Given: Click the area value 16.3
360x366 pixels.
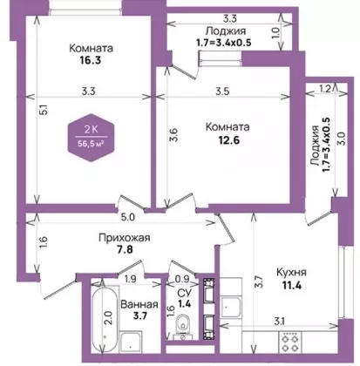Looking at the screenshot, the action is [90, 60].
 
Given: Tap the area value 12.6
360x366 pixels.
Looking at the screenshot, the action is [228, 140].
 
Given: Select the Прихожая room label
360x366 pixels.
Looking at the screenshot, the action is [125, 238].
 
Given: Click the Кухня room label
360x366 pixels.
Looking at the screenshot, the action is [291, 273].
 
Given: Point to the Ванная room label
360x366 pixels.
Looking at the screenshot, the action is [139, 304].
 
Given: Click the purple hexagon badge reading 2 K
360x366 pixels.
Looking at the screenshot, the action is [92, 138].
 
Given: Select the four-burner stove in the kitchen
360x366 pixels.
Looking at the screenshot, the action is [290, 342].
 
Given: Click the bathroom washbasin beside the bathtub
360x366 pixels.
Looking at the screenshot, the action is [131, 342].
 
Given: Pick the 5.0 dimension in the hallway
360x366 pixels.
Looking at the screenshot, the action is [128, 218].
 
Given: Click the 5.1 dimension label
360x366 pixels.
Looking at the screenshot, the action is [44, 110].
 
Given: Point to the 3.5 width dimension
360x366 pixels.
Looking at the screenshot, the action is [222, 91].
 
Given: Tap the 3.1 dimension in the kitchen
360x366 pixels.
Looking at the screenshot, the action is [279, 322].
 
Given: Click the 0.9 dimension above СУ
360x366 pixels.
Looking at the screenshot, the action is [182, 279].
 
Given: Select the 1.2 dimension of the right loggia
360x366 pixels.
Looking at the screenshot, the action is [324, 89].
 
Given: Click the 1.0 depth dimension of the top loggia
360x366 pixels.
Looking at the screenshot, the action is [276, 33].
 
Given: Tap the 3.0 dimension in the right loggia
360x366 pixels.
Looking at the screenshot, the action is [342, 139].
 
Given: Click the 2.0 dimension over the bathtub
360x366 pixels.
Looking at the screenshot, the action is [108, 318].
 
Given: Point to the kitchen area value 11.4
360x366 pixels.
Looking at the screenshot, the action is [292, 286].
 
